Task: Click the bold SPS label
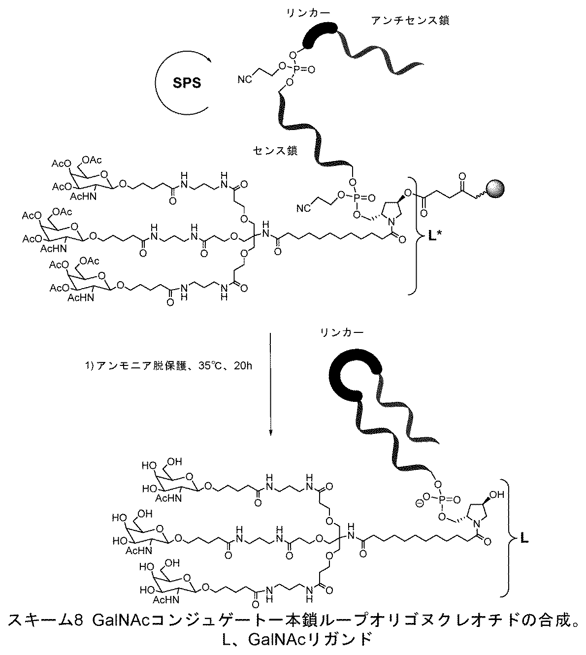point(187,83)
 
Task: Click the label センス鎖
point(275,151)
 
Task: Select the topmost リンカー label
point(308,13)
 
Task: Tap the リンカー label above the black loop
point(342,332)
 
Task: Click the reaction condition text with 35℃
point(168,366)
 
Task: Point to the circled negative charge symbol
point(420,504)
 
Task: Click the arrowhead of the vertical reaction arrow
point(270,433)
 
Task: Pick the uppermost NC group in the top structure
point(244,79)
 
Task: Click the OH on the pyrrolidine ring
point(497,494)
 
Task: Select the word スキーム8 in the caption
point(46,621)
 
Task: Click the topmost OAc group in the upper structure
point(92,160)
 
